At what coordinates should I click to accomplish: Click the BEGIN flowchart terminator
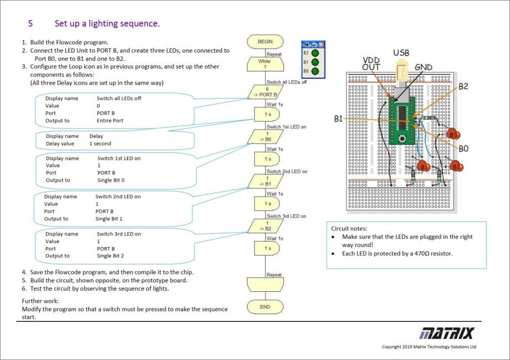click(268, 42)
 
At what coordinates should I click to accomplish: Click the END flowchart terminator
click(268, 306)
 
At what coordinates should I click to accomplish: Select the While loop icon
click(268, 64)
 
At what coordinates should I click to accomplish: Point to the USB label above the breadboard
click(402, 53)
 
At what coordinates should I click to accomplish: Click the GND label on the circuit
click(423, 68)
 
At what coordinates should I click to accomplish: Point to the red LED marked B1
click(424, 166)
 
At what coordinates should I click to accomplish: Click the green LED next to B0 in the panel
click(315, 71)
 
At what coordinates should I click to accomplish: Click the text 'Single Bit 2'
click(110, 256)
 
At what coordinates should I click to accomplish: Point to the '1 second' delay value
click(100, 143)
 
